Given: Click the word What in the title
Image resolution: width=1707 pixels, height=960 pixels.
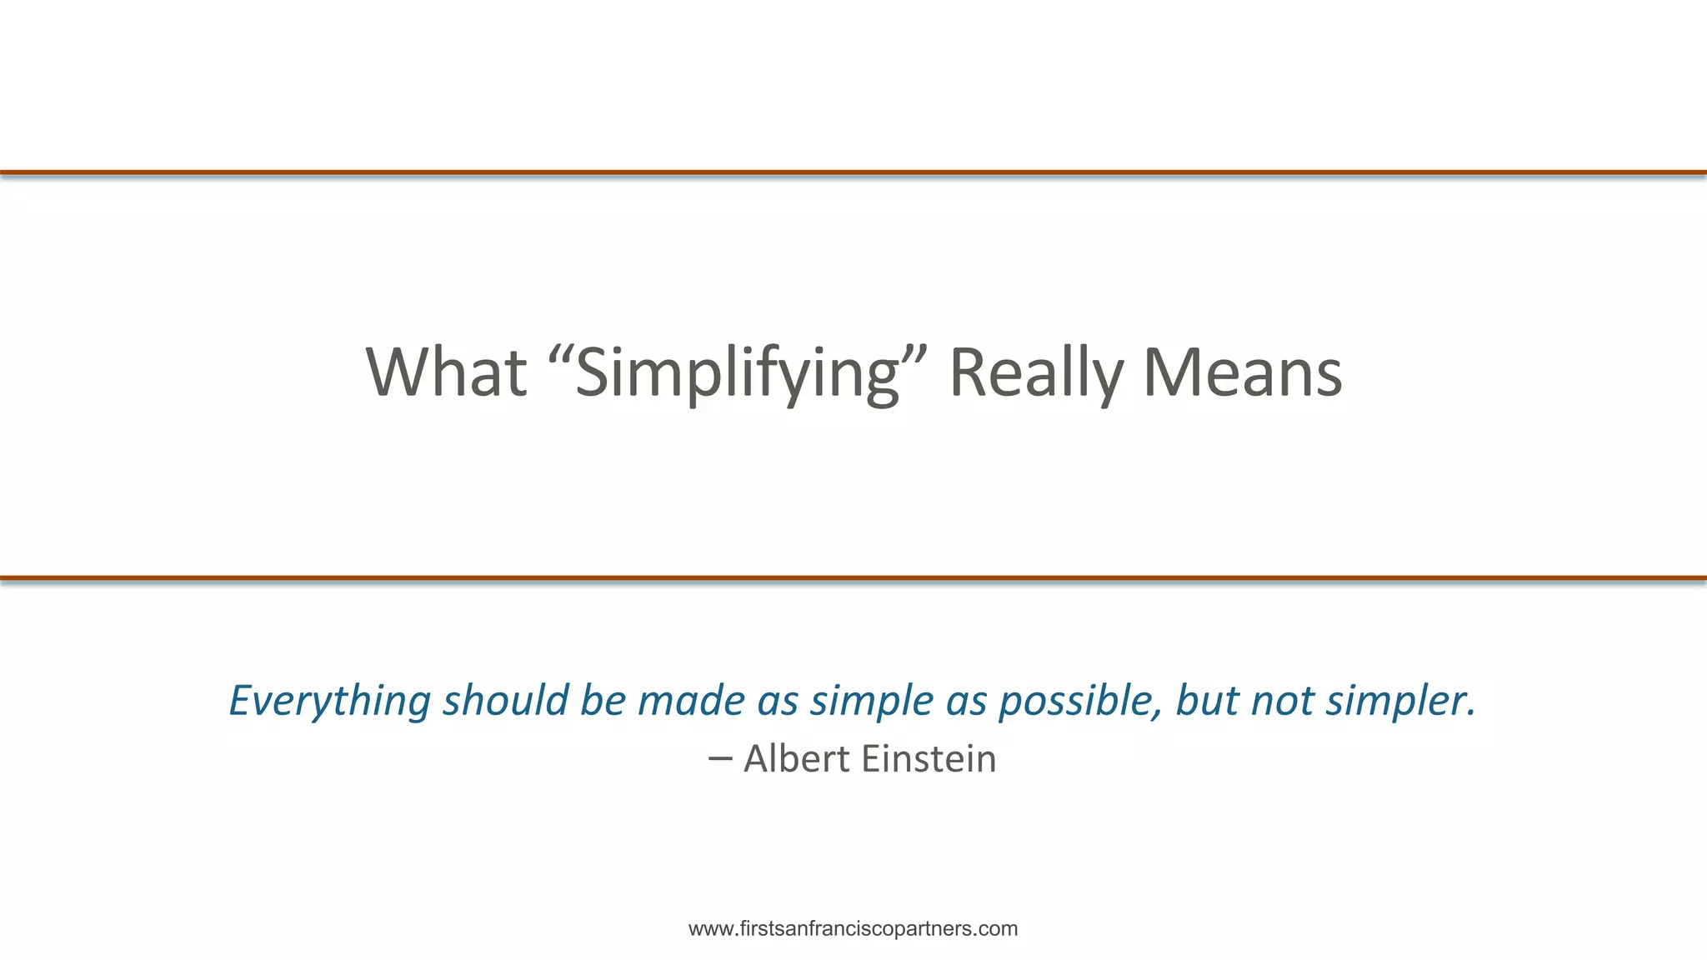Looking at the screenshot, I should point(447,372).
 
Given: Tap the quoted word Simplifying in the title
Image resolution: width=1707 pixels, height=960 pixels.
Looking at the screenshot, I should point(737,372).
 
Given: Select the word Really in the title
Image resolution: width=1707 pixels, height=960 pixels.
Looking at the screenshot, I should point(1037,372).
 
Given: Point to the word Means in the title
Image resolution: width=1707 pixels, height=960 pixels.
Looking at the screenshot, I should point(1242,372).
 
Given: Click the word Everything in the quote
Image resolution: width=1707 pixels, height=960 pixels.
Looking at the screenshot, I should point(329,700).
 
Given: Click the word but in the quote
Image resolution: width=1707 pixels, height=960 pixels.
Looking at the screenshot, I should point(1207,700).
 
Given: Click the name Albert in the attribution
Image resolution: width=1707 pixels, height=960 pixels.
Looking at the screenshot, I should point(797,759).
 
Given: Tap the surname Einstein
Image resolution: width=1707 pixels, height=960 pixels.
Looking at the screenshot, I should point(929,759).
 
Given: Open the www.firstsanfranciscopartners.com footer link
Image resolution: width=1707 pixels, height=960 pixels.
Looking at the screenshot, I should point(853,929).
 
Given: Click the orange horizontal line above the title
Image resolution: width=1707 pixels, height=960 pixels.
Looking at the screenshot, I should point(853,172).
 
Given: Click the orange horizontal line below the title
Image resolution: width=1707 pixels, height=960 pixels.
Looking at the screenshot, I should point(853,577).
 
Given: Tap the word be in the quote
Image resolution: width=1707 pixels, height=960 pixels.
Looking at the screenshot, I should point(603,700).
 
